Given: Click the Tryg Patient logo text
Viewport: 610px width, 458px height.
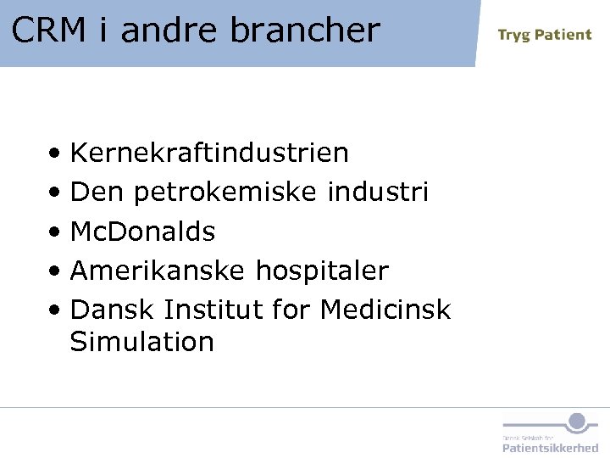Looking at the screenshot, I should click(x=544, y=35).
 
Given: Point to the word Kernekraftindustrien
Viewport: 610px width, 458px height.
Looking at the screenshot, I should click(x=209, y=153).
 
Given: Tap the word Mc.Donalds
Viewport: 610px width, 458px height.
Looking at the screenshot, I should click(x=142, y=232).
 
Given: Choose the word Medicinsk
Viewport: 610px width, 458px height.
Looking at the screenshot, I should click(x=385, y=310).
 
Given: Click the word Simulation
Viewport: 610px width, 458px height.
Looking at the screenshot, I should click(x=141, y=342).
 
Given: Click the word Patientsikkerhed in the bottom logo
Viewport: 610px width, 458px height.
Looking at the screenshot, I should click(x=550, y=447).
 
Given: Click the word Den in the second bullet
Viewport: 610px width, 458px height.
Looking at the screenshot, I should click(x=97, y=193).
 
